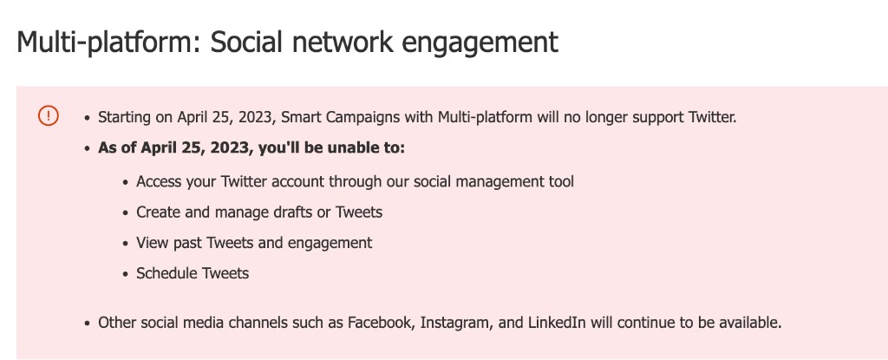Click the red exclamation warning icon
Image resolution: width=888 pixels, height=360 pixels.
(x=49, y=115)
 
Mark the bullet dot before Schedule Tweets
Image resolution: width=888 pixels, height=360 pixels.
(x=126, y=275)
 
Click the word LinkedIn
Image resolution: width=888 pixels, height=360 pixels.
(x=558, y=323)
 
